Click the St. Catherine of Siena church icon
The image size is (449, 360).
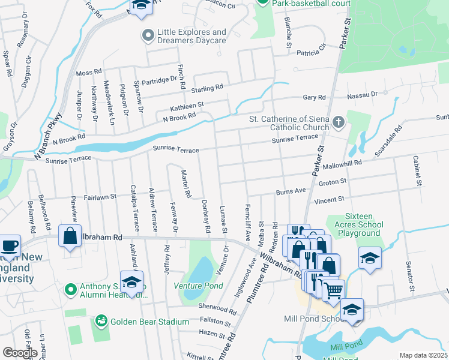pyautogui.click(x=339, y=123)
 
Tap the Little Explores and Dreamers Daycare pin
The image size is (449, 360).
pyautogui.click(x=148, y=36)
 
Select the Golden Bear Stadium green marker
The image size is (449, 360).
pyautogui.click(x=100, y=322)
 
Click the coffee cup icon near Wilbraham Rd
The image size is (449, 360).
pyautogui.click(x=9, y=245)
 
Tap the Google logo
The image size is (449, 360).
pyautogui.click(x=20, y=352)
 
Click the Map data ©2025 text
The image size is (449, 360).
pyautogui.click(x=423, y=355)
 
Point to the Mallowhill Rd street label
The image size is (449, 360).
pyautogui.click(x=342, y=163)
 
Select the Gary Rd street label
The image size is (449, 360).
pyautogui.click(x=314, y=97)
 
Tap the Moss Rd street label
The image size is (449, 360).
pyautogui.click(x=89, y=73)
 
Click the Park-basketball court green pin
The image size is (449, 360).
pyautogui.click(x=262, y=3)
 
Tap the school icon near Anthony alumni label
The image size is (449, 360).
pyautogui.click(x=131, y=281)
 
